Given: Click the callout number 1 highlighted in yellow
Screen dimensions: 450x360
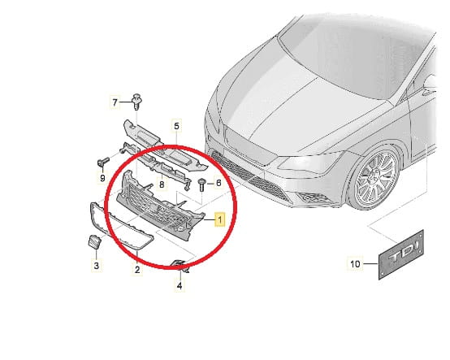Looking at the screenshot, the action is [220, 219].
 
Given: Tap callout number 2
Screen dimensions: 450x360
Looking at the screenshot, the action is [137, 270].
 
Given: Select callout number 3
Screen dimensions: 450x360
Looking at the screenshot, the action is [97, 265].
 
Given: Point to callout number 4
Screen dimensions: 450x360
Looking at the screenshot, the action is [180, 286].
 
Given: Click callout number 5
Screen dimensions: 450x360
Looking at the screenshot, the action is [176, 126].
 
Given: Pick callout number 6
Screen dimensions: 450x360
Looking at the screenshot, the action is [219, 183].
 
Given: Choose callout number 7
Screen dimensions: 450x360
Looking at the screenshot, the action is [115, 102].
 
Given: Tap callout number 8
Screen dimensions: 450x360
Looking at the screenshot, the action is [162, 184].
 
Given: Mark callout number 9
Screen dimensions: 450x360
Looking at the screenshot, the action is [102, 178].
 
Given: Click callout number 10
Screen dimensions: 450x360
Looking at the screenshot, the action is [355, 263].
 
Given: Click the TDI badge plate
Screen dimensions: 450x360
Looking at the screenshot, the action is [401, 254].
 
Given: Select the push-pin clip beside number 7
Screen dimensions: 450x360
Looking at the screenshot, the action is [137, 102].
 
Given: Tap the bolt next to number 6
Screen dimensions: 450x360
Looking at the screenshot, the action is [201, 184].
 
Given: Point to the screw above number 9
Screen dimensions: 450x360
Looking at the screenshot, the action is [104, 162].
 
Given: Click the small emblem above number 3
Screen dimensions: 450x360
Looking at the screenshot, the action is [94, 241].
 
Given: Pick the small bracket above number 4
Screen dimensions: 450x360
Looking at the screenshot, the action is [180, 266].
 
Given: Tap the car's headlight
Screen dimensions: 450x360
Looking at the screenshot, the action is [310, 163].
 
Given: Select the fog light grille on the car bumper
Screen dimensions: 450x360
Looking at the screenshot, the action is [312, 197].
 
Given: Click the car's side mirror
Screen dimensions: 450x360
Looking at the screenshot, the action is [431, 85].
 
